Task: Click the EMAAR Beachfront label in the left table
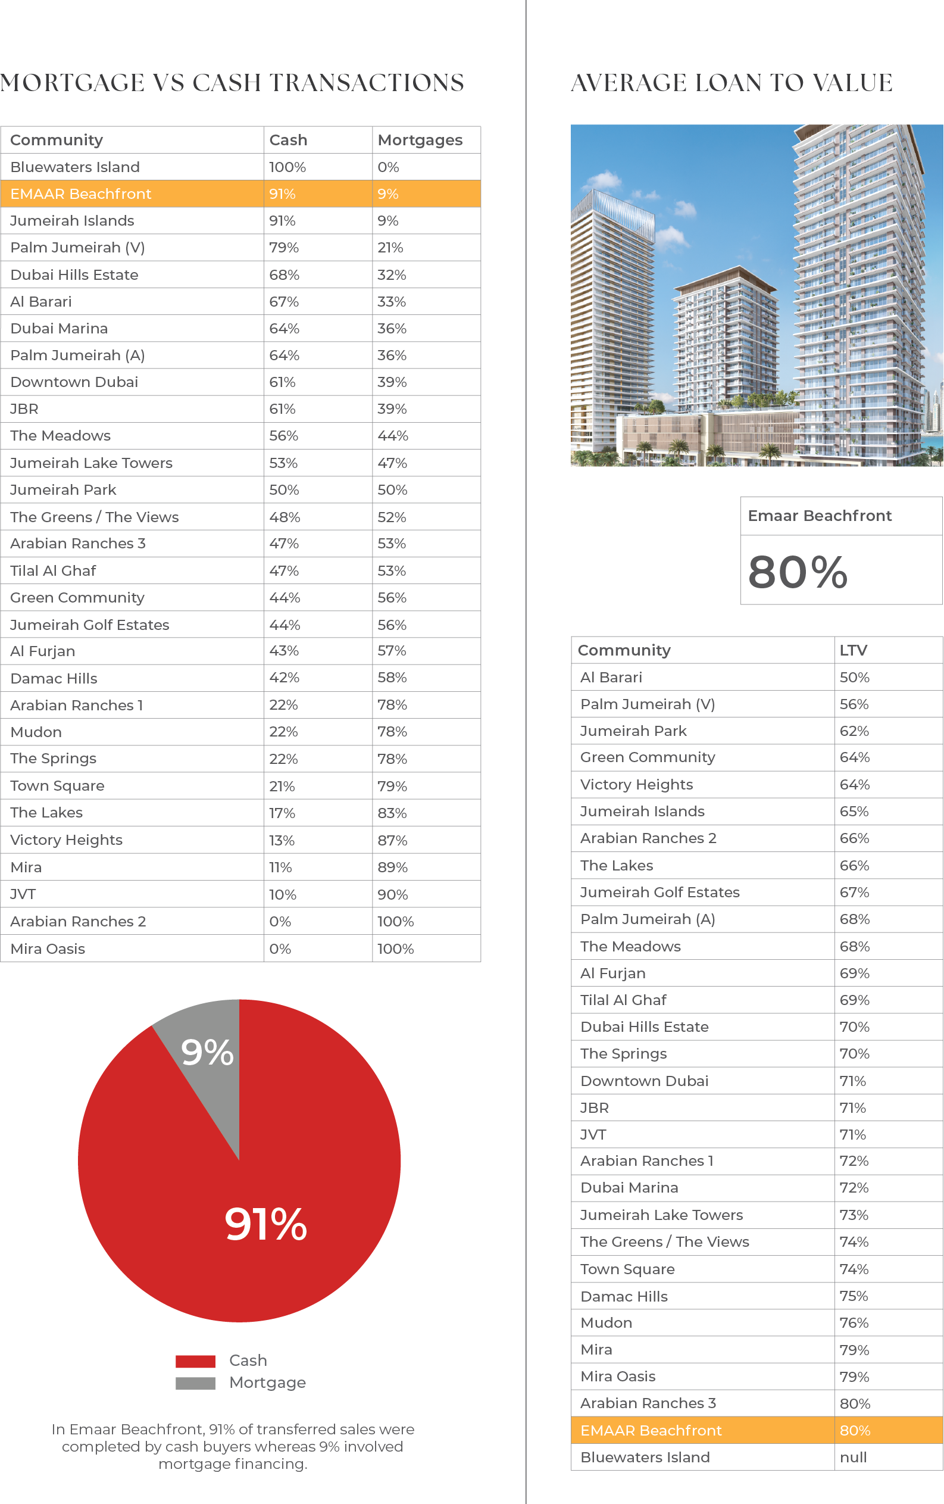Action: tap(80, 194)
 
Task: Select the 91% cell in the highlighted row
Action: tap(282, 194)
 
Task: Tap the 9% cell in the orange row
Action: tap(387, 194)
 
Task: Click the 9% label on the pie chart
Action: tap(207, 1053)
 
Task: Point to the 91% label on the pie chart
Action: tap(266, 1224)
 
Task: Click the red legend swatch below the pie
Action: tap(202, 1365)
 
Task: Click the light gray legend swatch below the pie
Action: tap(202, 1384)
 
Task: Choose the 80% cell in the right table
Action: tap(855, 1430)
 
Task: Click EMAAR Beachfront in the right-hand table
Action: tap(651, 1430)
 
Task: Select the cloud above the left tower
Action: tap(602, 180)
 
